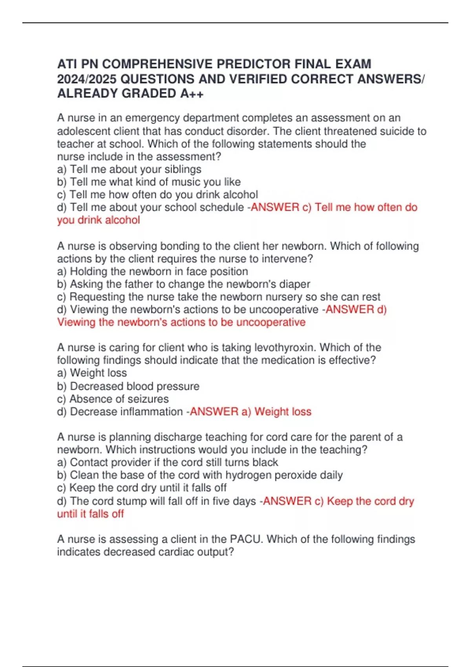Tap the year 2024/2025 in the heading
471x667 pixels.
tap(87, 79)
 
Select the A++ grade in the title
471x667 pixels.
tap(192, 93)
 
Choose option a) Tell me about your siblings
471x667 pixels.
tap(129, 169)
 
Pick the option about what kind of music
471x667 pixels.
tap(149, 182)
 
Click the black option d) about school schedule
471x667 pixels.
tap(150, 207)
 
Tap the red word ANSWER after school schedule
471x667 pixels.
tap(275, 207)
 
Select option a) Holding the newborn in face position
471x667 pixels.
tap(152, 272)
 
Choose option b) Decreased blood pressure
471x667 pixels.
tap(128, 386)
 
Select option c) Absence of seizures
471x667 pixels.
tap(113, 399)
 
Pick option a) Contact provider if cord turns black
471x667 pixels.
tap(167, 462)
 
